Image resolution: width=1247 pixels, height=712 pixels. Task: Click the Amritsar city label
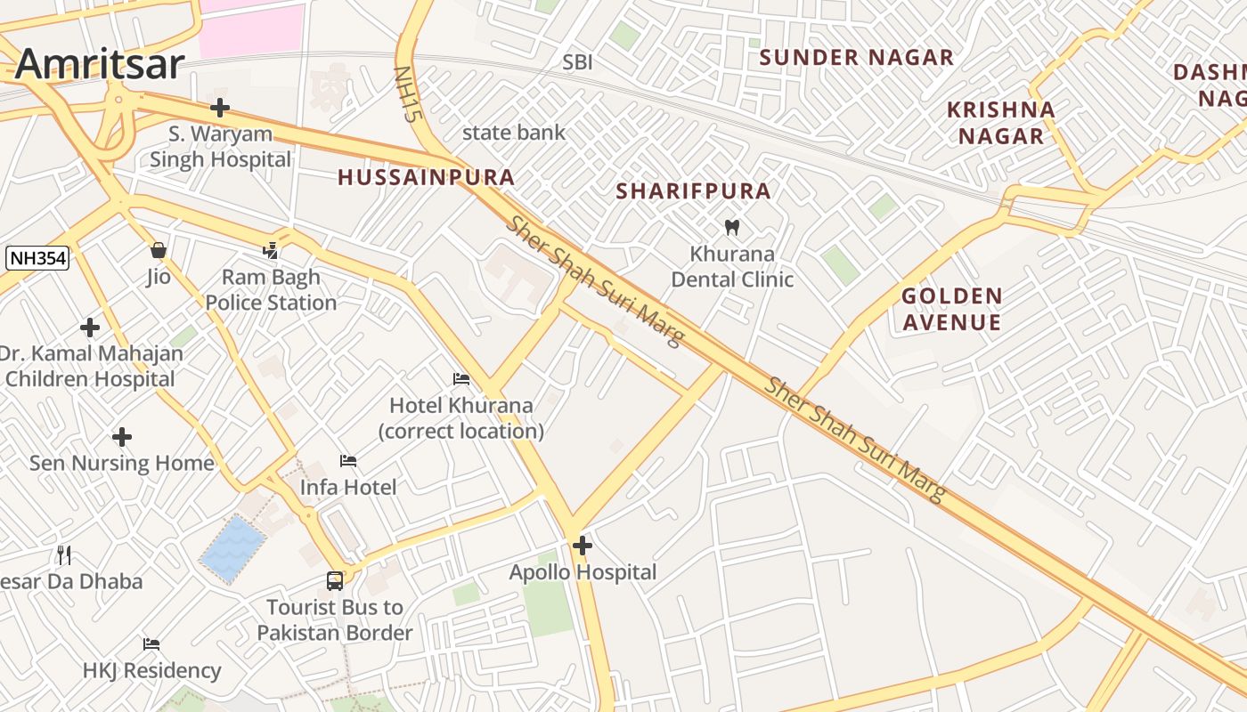pos(100,64)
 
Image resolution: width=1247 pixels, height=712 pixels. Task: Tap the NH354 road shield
pos(37,259)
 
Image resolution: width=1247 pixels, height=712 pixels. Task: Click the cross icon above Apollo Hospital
pos(583,545)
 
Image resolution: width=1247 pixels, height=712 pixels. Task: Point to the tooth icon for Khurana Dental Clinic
pos(732,227)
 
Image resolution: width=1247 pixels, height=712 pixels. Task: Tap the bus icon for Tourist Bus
pos(335,580)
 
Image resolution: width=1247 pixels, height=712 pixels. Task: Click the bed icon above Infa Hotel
pos(348,461)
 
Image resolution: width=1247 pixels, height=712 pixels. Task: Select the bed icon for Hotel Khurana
pos(461,379)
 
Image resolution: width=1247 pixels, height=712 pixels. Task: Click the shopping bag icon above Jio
pos(159,250)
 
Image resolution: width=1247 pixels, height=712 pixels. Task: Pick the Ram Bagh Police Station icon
pos(271,251)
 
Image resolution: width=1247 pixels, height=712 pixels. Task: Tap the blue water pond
pos(232,547)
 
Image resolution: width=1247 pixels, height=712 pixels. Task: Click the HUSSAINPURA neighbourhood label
pos(426,177)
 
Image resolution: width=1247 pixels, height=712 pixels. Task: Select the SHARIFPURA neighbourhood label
pos(693,191)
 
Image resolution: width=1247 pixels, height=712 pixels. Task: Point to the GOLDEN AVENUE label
pos(951,309)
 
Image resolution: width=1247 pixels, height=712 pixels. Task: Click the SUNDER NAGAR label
pos(856,58)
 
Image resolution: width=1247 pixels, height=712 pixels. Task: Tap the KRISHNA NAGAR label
pos(1000,123)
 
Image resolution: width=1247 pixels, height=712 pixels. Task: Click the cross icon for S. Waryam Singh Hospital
pos(220,109)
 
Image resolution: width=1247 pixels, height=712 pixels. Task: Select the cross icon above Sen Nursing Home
pos(122,437)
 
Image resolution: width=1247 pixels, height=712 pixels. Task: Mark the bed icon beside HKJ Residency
pos(151,643)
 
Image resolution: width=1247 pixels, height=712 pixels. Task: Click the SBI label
pos(577,62)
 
